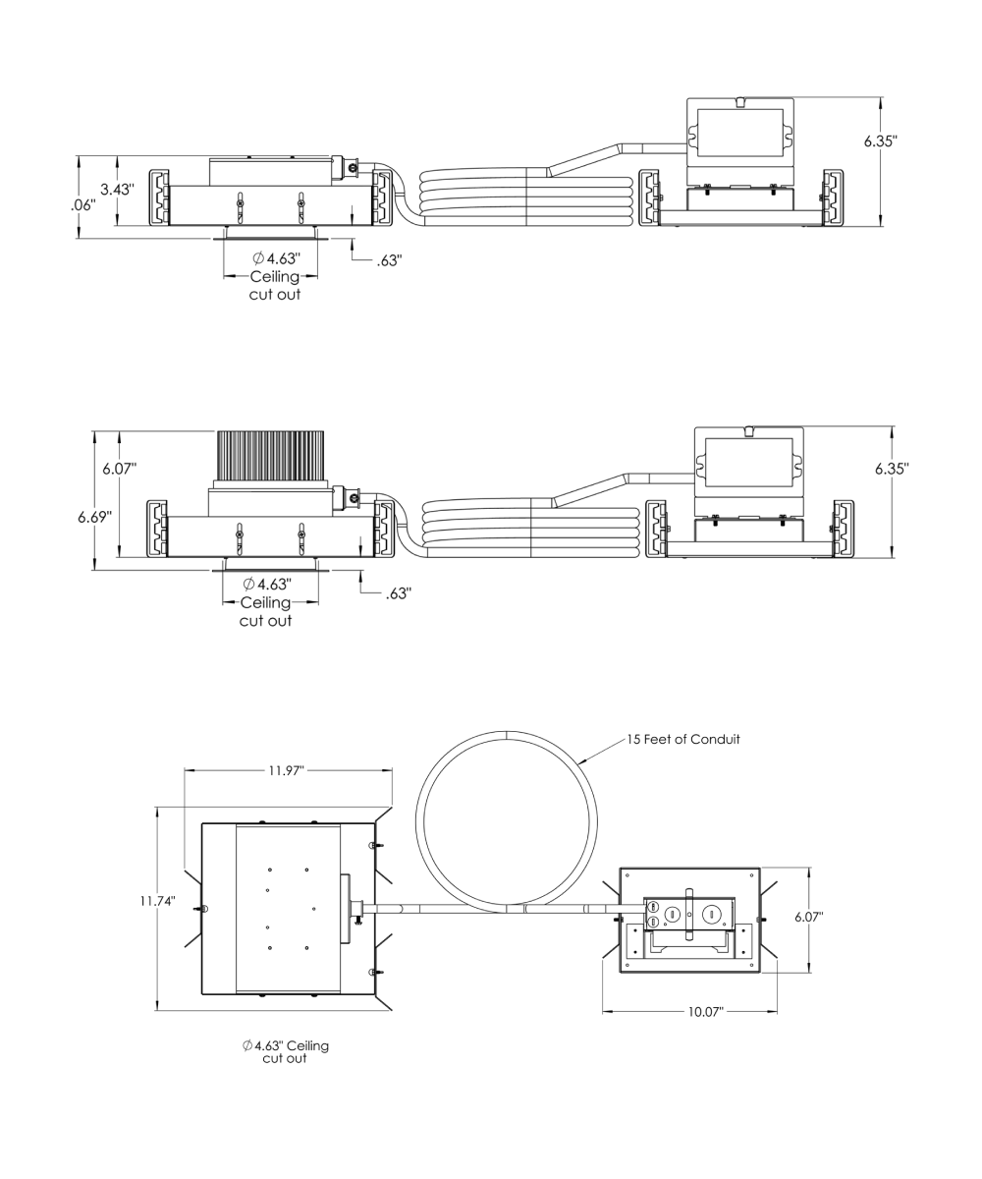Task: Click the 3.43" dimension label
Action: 118,190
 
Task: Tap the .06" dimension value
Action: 82,205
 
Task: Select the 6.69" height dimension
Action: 95,516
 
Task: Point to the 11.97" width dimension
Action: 286,770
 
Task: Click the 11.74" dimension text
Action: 157,901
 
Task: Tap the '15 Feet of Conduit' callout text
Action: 682,739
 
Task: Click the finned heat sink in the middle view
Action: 270,455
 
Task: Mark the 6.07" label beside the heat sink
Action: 119,468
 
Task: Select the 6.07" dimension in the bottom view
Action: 809,917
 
